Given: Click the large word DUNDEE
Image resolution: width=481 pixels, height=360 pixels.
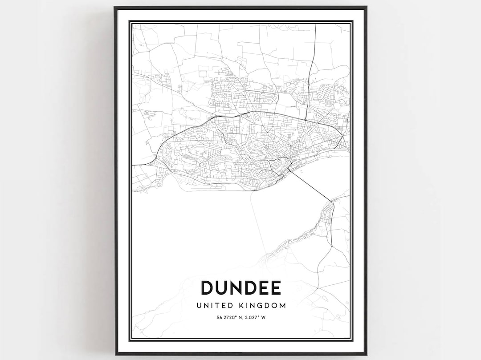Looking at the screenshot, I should pyautogui.click(x=241, y=288).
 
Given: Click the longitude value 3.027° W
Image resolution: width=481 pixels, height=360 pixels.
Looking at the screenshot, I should pyautogui.click(x=257, y=317).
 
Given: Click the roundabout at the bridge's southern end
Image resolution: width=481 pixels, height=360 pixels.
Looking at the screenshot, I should pyautogui.click(x=332, y=201).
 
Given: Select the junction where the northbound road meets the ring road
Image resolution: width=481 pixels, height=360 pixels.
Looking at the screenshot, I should pyautogui.click(x=306, y=120).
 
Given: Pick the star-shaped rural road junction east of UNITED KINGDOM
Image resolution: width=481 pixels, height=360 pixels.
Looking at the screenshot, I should pyautogui.click(x=318, y=288).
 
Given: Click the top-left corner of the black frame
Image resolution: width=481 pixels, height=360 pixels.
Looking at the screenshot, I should pyautogui.click(x=115, y=8).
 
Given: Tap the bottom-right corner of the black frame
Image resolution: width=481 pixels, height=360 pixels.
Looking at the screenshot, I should pyautogui.click(x=366, y=354).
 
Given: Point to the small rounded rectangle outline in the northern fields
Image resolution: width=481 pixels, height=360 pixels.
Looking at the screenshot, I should pyautogui.click(x=203, y=73).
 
